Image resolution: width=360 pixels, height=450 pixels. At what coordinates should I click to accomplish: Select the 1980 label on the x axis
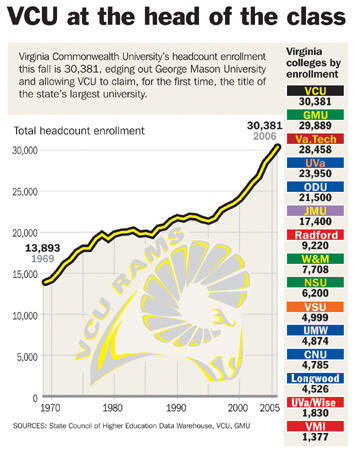pyautogui.click(x=112, y=408)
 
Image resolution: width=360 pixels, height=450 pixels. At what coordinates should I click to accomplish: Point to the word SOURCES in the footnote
pyautogui.click(x=37, y=427)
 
